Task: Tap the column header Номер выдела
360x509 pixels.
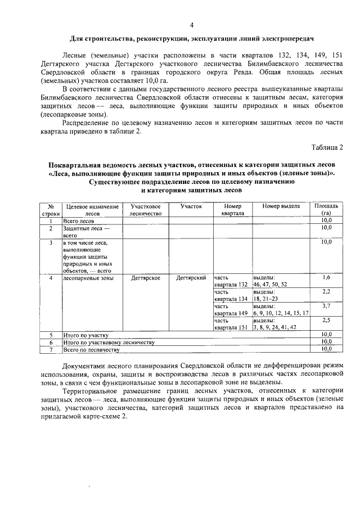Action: point(281,206)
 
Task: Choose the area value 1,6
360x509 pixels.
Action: point(326,278)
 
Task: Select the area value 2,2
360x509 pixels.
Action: point(326,292)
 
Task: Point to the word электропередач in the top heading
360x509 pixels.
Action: point(286,38)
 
